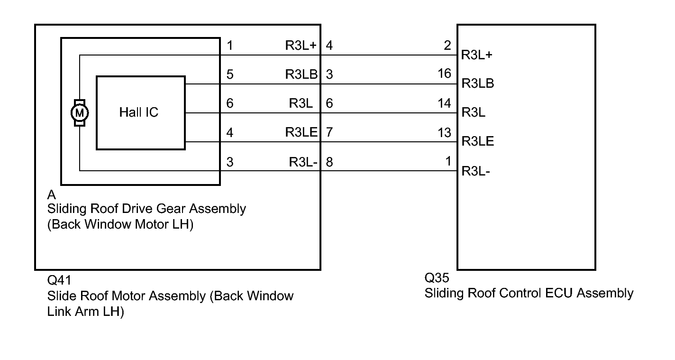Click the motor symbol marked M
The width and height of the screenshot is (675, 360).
(80, 113)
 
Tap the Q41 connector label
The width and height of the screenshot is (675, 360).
(59, 280)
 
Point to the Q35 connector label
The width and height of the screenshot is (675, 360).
(437, 277)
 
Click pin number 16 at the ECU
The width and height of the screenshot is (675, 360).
(444, 74)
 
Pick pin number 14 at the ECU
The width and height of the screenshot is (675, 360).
(444, 103)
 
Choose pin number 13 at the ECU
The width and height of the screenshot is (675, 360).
(444, 132)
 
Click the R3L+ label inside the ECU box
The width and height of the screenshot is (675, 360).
(477, 55)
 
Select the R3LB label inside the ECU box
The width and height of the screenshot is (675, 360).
(478, 83)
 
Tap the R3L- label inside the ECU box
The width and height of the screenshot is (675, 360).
(475, 171)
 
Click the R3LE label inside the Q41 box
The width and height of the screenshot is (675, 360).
(301, 132)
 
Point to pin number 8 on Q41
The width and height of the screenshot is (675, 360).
(329, 162)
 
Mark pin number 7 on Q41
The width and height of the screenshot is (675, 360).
(329, 132)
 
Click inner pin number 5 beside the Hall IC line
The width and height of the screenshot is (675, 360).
(230, 74)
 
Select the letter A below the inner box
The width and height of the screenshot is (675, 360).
(52, 195)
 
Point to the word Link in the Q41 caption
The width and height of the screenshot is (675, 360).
(59, 312)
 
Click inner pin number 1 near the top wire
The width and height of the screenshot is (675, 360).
(230, 46)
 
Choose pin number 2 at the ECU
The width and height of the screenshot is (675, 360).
(447, 45)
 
